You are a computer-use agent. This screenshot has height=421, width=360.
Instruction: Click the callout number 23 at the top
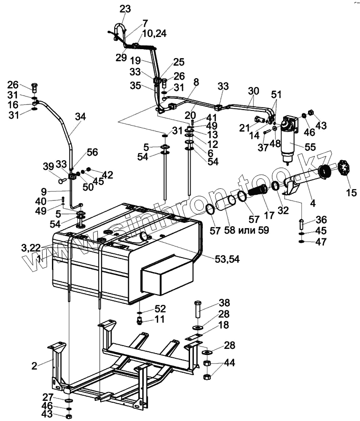pyautogui.click(x=125, y=9)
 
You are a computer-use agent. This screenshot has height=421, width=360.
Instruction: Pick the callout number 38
pyautogui.click(x=224, y=302)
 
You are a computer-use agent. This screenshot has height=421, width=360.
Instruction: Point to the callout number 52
pyautogui.click(x=160, y=309)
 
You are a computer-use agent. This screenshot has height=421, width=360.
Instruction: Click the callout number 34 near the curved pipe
pyautogui.click(x=80, y=118)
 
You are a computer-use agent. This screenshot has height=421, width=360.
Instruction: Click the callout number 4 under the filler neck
pyautogui.click(x=313, y=203)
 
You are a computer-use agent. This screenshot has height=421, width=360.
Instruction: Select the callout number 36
pyautogui.click(x=321, y=220)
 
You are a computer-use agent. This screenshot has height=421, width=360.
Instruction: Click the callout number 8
pyautogui.click(x=196, y=82)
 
